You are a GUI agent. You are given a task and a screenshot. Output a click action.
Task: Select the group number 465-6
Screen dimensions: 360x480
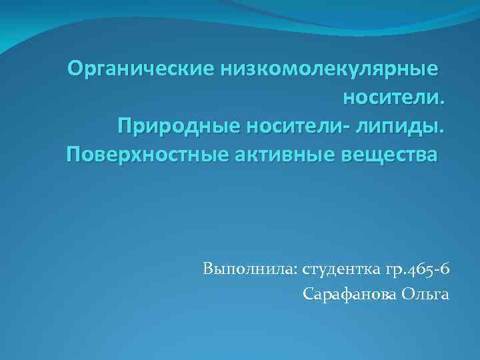click(429, 270)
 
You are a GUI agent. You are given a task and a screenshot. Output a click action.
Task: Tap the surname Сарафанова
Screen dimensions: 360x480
click(349, 293)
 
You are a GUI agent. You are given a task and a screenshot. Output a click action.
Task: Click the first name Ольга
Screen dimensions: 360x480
click(426, 294)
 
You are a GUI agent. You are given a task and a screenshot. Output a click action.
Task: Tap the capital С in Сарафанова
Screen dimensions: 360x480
click(307, 293)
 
